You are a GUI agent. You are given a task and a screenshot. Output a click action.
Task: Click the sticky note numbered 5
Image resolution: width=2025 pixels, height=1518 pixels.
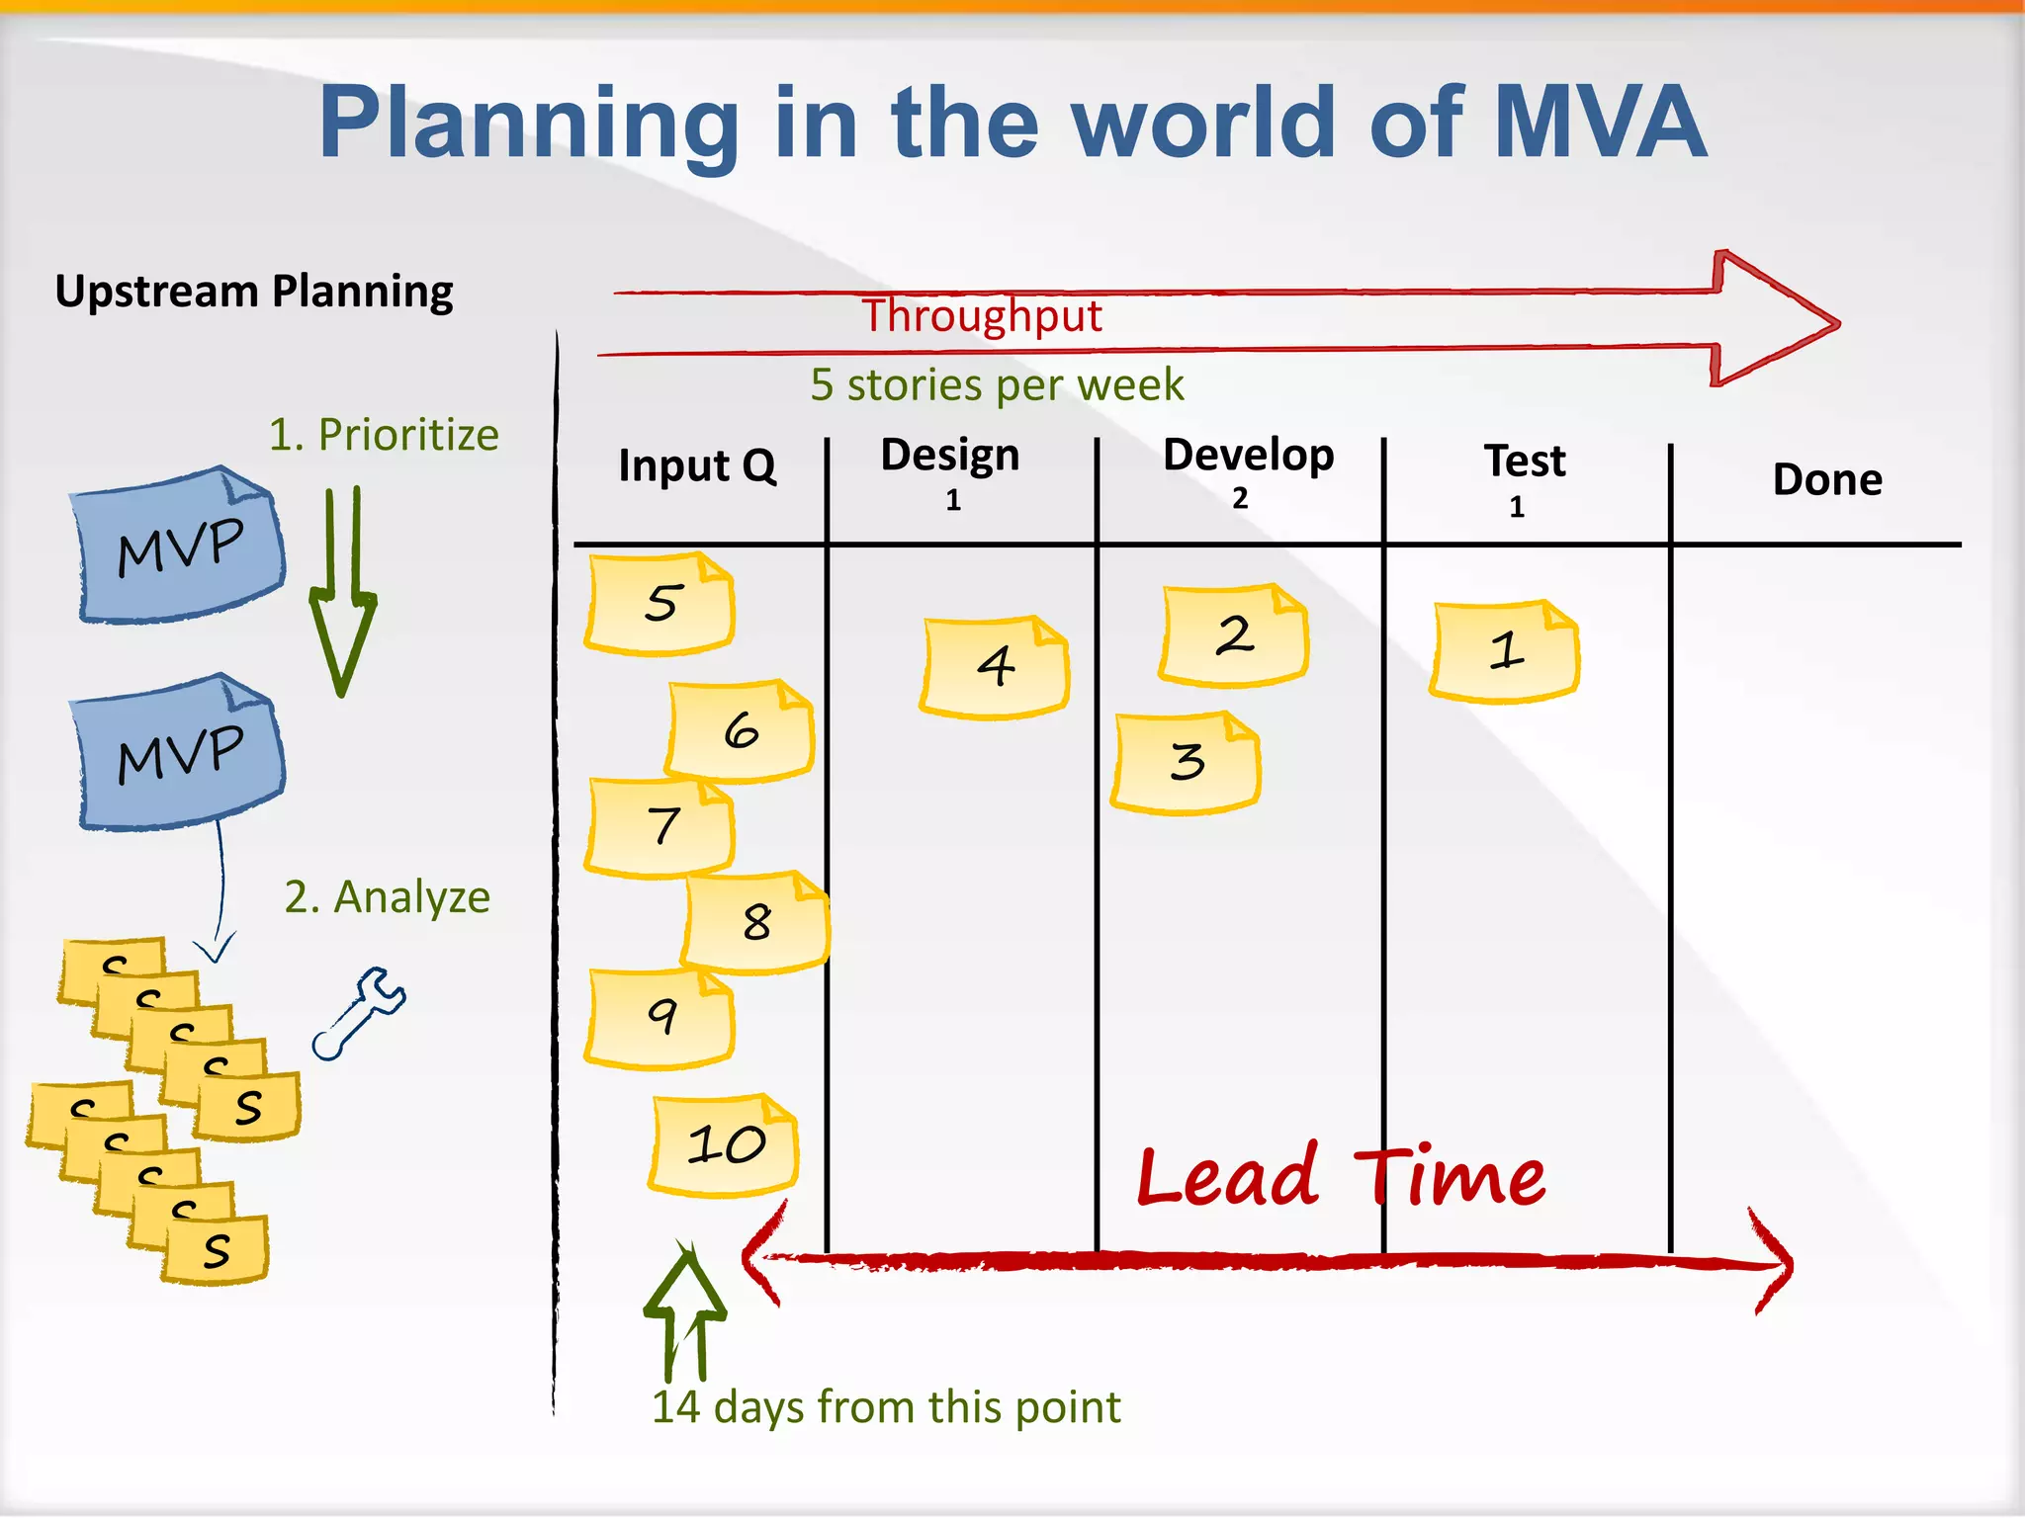[660, 604]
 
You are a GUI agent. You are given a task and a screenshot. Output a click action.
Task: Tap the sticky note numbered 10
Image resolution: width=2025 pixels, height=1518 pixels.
[725, 1145]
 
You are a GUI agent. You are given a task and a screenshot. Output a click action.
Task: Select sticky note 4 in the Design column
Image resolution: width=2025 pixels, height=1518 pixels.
[995, 667]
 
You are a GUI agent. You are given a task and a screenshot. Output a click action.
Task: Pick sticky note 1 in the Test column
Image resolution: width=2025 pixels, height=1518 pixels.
[1504, 651]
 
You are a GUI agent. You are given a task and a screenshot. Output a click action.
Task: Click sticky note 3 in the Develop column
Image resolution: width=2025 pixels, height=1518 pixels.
[1186, 762]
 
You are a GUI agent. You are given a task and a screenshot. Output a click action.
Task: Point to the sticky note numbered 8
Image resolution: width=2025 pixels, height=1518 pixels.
[756, 922]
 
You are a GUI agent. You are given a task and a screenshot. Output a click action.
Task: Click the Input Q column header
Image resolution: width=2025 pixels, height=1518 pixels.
[697, 465]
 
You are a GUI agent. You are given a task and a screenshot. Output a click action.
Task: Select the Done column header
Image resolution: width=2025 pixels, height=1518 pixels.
[1826, 480]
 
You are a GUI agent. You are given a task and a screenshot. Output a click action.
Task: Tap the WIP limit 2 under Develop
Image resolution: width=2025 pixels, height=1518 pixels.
[1240, 498]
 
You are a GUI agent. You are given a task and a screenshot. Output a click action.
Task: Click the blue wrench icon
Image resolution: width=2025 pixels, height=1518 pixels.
[358, 1013]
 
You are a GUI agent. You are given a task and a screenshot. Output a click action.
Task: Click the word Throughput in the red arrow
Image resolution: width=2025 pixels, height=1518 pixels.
[982, 316]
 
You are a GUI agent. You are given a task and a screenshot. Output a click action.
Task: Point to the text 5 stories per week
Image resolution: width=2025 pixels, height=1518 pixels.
[997, 384]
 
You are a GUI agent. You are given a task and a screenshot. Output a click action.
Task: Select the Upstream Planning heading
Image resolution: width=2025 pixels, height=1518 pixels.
[254, 292]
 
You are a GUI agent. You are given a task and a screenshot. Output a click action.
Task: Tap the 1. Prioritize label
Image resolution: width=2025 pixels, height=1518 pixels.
[384, 435]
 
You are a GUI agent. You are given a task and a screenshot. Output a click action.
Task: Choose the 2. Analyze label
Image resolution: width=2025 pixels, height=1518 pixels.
[387, 897]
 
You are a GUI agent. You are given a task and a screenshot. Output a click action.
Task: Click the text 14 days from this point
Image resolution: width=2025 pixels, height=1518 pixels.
[886, 1406]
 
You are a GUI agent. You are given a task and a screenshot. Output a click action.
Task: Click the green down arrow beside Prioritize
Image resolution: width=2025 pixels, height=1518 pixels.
[342, 593]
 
